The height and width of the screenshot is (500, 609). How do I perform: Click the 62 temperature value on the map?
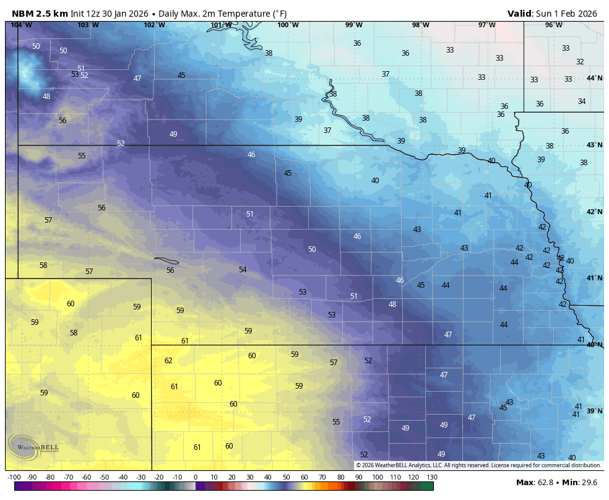[168, 361]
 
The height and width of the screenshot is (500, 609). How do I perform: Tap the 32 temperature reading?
[580, 62]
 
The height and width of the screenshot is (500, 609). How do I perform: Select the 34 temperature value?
[582, 101]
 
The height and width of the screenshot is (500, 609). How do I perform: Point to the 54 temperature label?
[243, 270]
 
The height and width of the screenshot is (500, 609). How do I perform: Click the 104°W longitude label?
[21, 25]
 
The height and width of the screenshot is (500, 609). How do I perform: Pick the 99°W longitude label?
[353, 25]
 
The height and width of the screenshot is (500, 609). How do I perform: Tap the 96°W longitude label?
[553, 25]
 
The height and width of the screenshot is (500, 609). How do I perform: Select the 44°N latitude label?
[594, 79]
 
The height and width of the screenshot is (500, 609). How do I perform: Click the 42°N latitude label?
[594, 212]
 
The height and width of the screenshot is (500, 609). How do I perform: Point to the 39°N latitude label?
[594, 412]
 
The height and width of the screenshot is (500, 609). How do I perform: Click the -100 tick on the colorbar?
[14, 477]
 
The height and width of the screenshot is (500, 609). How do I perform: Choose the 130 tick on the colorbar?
[431, 477]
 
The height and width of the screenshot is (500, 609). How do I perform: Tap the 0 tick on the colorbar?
[196, 477]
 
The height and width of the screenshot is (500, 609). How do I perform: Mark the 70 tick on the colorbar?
[322, 477]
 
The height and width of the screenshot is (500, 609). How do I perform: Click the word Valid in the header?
[519, 14]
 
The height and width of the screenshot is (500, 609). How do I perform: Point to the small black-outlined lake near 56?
[166, 261]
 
